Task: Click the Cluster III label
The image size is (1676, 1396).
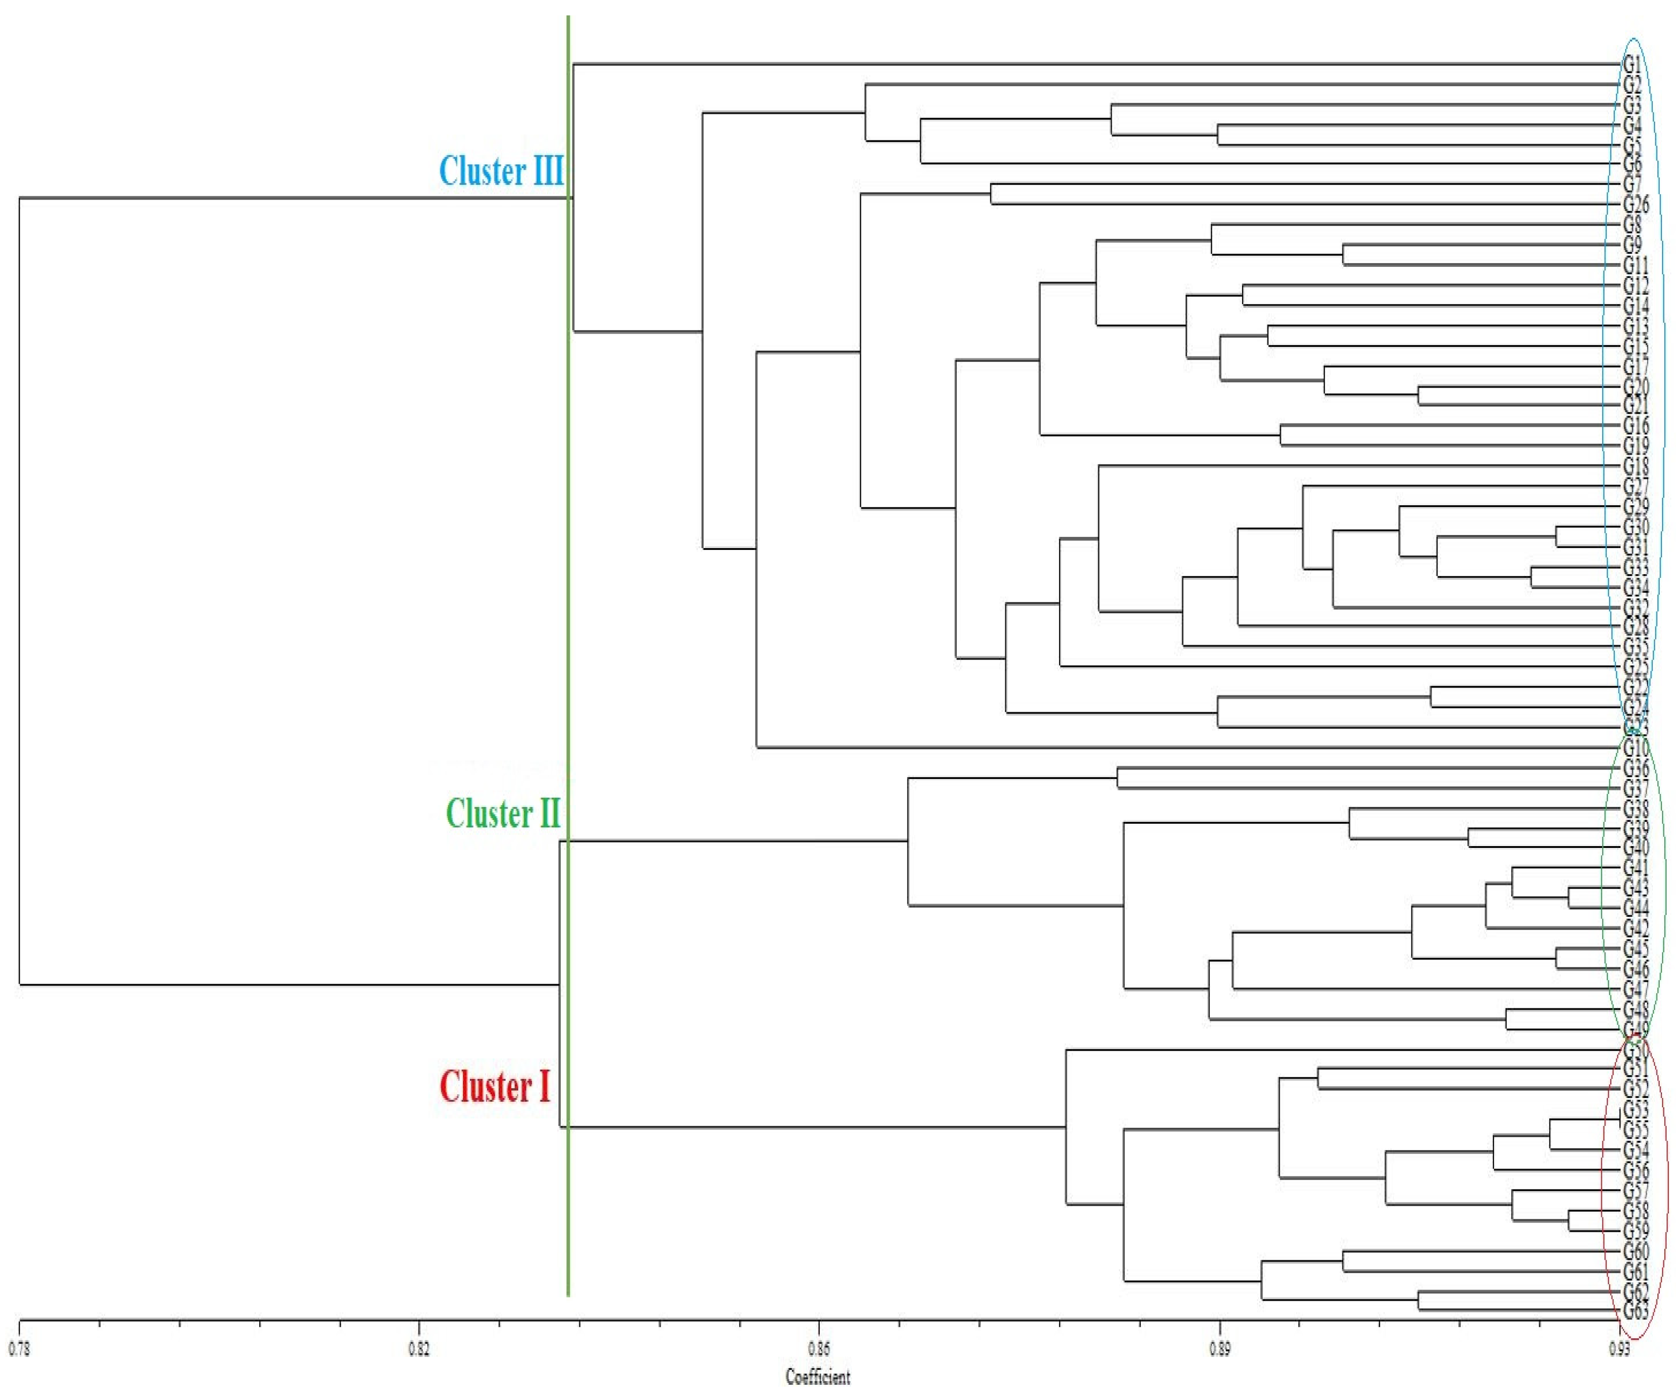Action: [x=501, y=171]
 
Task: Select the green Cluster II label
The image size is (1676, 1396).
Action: [x=503, y=813]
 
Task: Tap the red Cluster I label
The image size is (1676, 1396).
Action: [x=495, y=1086]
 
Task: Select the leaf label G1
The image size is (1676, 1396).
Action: [x=1632, y=64]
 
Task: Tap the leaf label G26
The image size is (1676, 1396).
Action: [x=1635, y=204]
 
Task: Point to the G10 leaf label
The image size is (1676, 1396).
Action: [x=1635, y=748]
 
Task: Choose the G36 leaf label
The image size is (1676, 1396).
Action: [x=1635, y=768]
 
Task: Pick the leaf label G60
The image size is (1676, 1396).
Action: [x=1635, y=1251]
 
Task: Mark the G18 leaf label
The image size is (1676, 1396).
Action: [x=1635, y=466]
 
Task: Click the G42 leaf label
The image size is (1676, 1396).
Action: [x=1635, y=929]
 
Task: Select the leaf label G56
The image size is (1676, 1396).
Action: [x=1635, y=1170]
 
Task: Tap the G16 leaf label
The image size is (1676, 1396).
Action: [x=1635, y=425]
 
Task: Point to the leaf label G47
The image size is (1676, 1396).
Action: [x=1635, y=989]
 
